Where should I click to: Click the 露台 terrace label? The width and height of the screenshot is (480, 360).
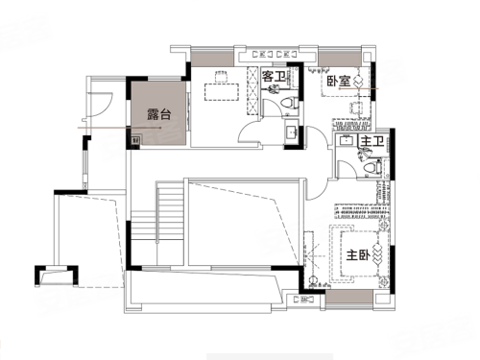[x=159, y=114]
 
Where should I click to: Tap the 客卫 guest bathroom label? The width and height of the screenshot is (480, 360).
[x=274, y=77]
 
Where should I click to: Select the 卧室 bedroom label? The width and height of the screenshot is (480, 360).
[x=339, y=82]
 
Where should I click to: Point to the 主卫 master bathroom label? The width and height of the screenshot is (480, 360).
[x=372, y=141]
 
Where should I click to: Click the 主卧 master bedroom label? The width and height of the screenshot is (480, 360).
[x=358, y=255]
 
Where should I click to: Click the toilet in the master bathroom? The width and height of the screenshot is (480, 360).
[x=372, y=169]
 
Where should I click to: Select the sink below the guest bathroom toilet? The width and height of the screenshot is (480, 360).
[x=292, y=131]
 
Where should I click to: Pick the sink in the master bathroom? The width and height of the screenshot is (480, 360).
[x=346, y=140]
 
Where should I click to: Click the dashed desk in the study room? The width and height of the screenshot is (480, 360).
[x=222, y=92]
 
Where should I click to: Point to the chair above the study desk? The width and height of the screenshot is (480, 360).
[x=222, y=77]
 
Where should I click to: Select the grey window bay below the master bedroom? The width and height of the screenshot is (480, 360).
[x=349, y=298]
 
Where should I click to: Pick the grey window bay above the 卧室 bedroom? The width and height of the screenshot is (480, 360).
[x=340, y=60]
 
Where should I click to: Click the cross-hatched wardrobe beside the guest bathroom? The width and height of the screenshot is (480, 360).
[x=252, y=90]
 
